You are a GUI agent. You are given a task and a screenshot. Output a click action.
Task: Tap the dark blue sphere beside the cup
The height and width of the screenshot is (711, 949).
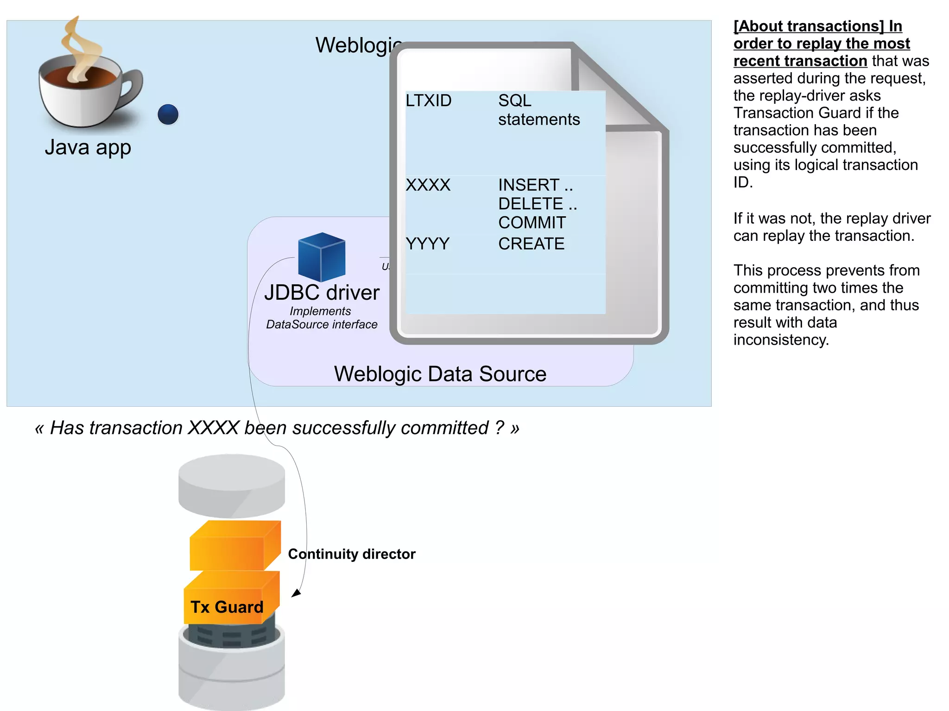(x=168, y=114)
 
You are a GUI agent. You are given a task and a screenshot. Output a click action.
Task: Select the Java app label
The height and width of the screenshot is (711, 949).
(x=88, y=147)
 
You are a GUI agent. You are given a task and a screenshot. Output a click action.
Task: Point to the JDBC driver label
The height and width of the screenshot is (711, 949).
(x=322, y=293)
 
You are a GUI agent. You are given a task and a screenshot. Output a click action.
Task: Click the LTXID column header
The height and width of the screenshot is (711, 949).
(x=428, y=101)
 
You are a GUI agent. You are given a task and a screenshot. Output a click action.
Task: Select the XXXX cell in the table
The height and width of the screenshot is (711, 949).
(x=428, y=185)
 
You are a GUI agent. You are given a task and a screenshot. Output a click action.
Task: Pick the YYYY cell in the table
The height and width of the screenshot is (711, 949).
(x=427, y=244)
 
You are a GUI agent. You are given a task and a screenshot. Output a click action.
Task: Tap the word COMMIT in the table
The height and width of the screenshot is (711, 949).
(x=531, y=223)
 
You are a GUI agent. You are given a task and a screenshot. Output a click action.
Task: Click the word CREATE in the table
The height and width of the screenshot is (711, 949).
(x=531, y=244)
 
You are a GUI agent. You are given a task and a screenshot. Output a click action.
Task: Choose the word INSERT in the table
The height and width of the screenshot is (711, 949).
(x=529, y=185)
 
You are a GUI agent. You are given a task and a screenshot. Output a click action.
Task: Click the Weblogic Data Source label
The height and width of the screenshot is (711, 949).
(x=440, y=374)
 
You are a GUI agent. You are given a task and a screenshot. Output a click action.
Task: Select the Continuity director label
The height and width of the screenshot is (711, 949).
(x=352, y=554)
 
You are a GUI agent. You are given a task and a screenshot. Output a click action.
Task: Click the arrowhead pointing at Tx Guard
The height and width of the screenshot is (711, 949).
(x=296, y=593)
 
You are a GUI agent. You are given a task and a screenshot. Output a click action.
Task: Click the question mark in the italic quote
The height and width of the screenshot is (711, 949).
(x=499, y=428)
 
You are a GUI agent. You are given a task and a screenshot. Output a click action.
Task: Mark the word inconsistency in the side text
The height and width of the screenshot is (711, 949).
(x=780, y=340)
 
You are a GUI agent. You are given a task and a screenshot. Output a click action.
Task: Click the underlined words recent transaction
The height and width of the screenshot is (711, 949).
(x=800, y=61)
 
